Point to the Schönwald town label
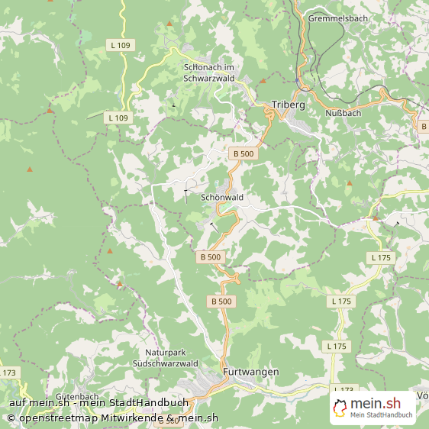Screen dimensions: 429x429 [221, 197]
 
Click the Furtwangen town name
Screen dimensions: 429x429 [251, 371]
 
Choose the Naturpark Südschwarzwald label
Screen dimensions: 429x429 [172, 359]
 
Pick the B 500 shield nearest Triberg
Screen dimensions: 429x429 [243, 153]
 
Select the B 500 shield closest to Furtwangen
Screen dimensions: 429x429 [221, 302]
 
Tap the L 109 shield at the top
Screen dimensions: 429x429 [120, 46]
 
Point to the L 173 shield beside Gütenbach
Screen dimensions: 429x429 [8, 373]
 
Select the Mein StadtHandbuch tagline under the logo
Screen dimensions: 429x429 [382, 416]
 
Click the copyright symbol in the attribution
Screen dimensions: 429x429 [11, 418]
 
